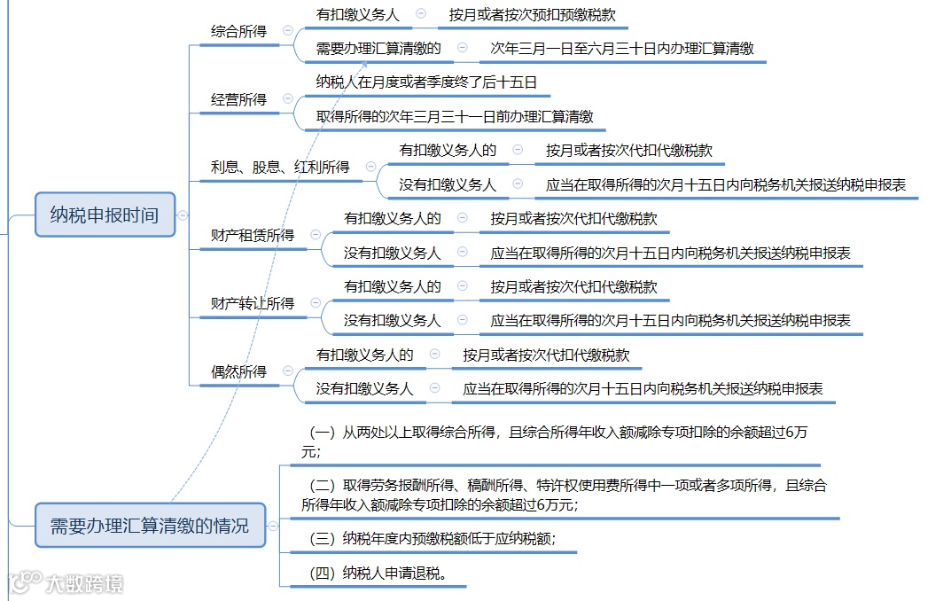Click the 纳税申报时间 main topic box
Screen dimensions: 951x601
105,215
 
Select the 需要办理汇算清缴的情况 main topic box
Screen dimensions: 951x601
150,525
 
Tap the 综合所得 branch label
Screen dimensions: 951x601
238,31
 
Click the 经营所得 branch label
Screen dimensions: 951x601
238,99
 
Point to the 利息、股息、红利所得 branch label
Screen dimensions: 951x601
280,167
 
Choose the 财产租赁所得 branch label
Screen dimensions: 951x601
253,235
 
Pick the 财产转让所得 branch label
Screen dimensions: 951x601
253,303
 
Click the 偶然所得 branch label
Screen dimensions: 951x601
238,371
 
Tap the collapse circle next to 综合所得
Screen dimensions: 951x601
287,30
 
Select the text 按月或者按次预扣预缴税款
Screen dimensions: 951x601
532,14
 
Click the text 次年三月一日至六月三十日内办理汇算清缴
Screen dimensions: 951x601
622,48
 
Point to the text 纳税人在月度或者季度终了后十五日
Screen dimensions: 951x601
426,82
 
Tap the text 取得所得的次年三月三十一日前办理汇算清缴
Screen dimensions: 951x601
455,116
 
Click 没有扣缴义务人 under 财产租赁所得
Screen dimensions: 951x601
392,253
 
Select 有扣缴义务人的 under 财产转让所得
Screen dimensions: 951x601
392,286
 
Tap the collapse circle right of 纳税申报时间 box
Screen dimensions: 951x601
183,215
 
